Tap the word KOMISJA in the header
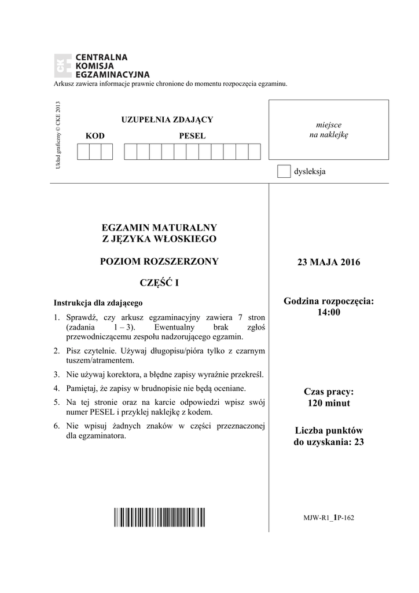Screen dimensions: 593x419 (x=94, y=66)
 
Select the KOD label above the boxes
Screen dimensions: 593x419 (x=95, y=136)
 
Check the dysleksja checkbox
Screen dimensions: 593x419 (x=284, y=171)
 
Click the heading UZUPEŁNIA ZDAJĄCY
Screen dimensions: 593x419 (x=167, y=120)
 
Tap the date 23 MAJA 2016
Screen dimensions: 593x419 (x=328, y=262)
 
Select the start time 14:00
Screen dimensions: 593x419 (x=328, y=313)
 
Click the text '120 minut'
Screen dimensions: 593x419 (x=328, y=403)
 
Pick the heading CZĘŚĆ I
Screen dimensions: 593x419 (x=159, y=283)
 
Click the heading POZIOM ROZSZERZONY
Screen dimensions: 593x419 (x=159, y=261)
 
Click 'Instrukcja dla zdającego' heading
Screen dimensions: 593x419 (x=98, y=302)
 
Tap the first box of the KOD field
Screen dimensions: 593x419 (x=83, y=151)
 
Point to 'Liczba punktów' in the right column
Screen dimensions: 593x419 (x=328, y=431)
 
